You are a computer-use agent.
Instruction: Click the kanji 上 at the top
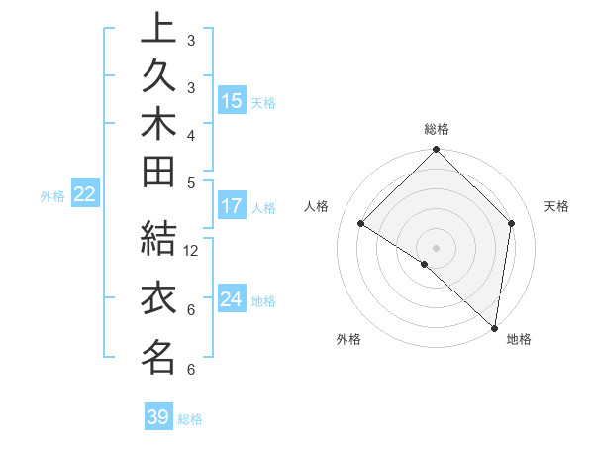coord(158,30)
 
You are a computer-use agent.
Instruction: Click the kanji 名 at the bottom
coord(158,357)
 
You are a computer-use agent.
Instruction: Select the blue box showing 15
coord(231,100)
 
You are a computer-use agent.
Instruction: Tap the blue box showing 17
coord(231,206)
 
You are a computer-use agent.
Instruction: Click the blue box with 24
coord(231,299)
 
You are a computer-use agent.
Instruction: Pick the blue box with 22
coord(84,194)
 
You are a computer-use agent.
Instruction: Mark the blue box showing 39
coord(158,417)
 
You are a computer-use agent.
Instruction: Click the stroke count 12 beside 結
coord(191,250)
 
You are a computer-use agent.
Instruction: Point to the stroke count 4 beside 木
coord(191,135)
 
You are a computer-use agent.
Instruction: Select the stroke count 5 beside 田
coord(191,182)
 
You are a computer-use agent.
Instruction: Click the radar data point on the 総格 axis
coord(436,151)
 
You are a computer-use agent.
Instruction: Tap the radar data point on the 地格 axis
coord(494,327)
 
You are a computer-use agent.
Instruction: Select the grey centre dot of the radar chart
coord(436,247)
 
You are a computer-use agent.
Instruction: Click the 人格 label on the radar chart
coord(317,206)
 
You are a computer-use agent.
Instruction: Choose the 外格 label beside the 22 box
coord(52,196)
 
